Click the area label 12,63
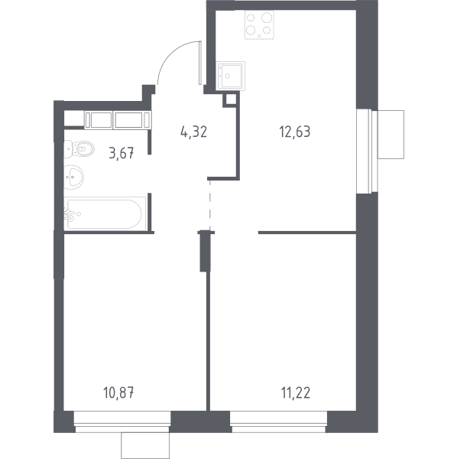(295, 132)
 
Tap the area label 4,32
(194, 132)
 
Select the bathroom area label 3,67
(122, 153)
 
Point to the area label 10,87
(118, 392)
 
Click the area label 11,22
(296, 392)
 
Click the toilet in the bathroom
(79, 149)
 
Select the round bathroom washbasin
(73, 177)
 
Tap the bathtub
(105, 213)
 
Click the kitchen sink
(230, 76)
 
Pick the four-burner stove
(259, 24)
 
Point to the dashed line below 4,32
(209, 205)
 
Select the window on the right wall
(367, 151)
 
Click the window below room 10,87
(122, 422)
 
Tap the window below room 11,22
(278, 422)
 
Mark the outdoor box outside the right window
(391, 135)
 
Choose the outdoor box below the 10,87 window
(145, 445)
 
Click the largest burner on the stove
(267, 18)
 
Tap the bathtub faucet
(69, 214)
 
